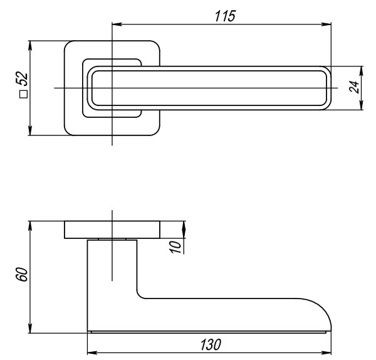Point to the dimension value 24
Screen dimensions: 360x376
tap(354, 87)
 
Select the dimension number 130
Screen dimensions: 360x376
tap(210, 344)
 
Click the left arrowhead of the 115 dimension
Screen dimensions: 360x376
tap(115, 25)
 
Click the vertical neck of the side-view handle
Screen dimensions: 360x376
tap(112, 276)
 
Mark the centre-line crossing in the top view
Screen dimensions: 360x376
tap(112, 88)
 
